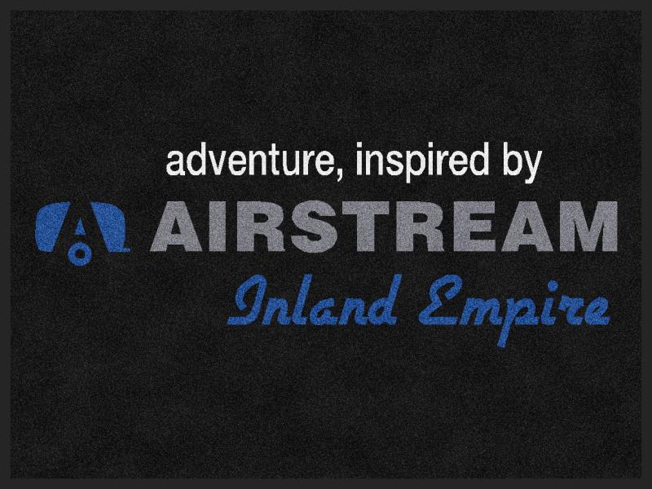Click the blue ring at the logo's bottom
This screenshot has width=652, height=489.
pyautogui.click(x=80, y=255)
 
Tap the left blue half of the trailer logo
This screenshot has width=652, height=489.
pyautogui.click(x=52, y=227)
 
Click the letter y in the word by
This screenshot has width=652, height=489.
pyautogui.click(x=532, y=167)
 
